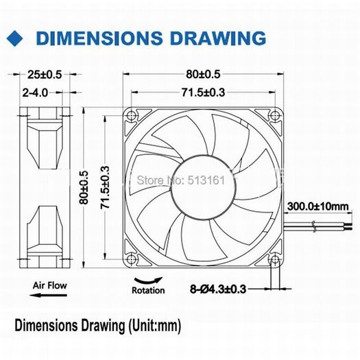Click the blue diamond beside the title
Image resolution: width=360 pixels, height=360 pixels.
pyautogui.click(x=14, y=38)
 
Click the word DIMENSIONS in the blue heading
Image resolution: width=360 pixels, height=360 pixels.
pyautogui.click(x=99, y=38)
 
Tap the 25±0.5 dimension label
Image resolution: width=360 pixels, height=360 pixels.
pyautogui.click(x=45, y=75)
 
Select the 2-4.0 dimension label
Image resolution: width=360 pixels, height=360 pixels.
pyautogui.click(x=35, y=93)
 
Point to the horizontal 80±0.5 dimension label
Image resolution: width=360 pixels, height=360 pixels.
pyautogui.click(x=203, y=74)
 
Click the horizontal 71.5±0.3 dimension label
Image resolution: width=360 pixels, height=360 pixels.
pyautogui.click(x=203, y=93)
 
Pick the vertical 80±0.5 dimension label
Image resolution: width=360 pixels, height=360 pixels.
pyautogui.click(x=84, y=187)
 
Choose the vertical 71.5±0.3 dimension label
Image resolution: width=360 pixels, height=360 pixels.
pyautogui.click(x=105, y=187)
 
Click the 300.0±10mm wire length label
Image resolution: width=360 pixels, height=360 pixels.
pyautogui.click(x=318, y=206)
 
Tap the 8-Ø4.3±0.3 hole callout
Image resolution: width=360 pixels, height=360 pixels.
pyautogui.click(x=218, y=289)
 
